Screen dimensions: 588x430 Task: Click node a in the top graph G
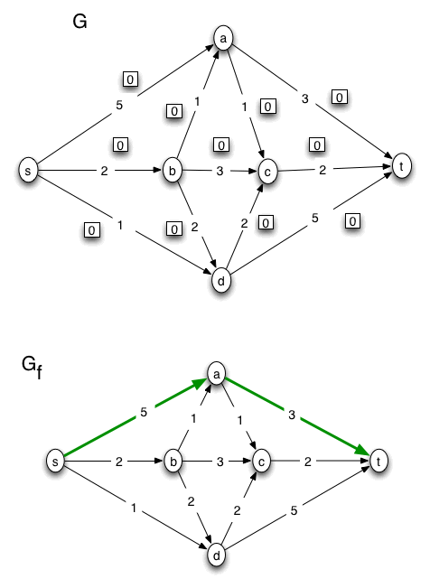222,38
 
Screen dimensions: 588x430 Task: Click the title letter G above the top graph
79,22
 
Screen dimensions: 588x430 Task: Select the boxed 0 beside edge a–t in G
340,97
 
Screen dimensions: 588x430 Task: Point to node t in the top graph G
398,165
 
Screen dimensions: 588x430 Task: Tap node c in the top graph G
266,169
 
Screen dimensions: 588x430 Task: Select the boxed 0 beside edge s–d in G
90,230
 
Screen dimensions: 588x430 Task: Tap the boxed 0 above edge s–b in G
118,144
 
